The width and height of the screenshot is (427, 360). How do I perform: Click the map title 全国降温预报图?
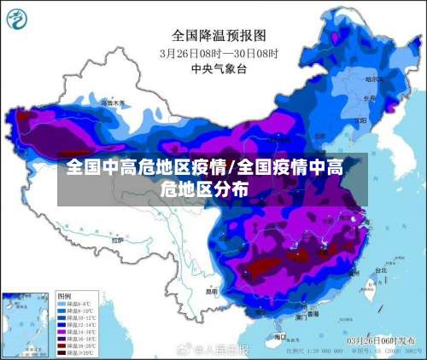coord(219,35)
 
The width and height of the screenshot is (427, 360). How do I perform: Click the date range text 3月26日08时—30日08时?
coord(219,52)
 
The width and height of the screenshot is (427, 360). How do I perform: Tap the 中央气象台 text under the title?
coord(219,67)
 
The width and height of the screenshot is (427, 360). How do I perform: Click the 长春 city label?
coord(369,98)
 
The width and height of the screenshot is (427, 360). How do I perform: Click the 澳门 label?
coord(301,316)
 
